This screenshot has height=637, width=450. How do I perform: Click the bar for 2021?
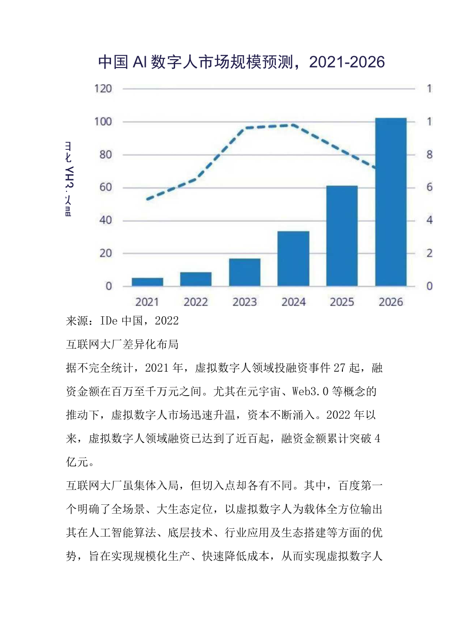tap(147, 282)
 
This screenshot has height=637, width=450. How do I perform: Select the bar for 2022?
tap(196, 279)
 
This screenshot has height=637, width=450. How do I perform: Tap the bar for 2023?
tap(245, 272)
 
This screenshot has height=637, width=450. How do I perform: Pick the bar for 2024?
tap(293, 258)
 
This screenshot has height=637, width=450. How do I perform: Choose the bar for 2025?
tap(342, 236)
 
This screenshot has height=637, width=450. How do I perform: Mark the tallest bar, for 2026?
tap(391, 202)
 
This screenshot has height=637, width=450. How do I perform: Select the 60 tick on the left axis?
tap(104, 188)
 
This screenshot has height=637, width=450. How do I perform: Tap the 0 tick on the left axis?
tap(108, 286)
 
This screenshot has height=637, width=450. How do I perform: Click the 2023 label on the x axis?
tap(245, 302)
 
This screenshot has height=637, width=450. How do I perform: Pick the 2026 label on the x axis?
tap(391, 302)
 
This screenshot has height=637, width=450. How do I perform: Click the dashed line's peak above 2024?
tap(292, 125)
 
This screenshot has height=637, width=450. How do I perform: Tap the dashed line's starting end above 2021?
tap(148, 199)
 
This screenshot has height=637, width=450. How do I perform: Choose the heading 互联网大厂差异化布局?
tap(122, 344)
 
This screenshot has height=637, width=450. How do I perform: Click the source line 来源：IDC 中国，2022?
tap(122, 321)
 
